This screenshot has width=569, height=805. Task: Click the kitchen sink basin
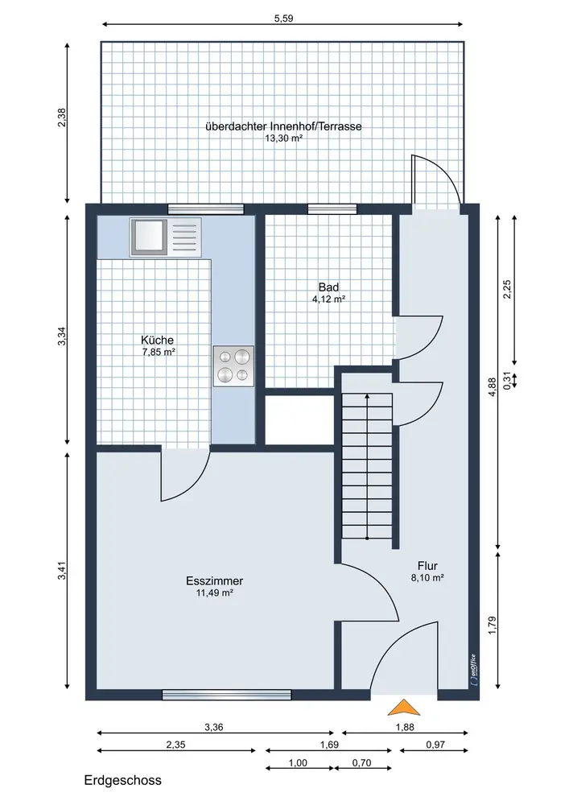click(149, 237)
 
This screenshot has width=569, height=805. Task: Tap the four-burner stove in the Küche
click(233, 366)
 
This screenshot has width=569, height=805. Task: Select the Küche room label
click(158, 340)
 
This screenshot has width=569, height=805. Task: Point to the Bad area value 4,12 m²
click(328, 299)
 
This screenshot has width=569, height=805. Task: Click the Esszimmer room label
click(214, 581)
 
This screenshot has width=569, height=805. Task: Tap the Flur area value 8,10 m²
click(427, 577)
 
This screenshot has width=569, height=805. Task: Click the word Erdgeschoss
click(122, 780)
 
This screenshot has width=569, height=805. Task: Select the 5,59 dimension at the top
click(283, 19)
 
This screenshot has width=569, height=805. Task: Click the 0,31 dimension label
click(507, 381)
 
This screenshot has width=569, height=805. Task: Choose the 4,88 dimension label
click(493, 386)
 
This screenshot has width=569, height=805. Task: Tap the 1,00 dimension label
click(298, 763)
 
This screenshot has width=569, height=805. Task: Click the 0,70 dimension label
click(361, 763)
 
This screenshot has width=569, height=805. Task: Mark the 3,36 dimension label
click(214, 727)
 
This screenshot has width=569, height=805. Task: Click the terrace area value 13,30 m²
click(283, 138)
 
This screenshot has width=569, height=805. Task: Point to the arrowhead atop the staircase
click(367, 396)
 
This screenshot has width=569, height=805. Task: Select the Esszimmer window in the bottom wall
click(227, 695)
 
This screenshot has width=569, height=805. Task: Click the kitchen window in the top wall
click(206, 209)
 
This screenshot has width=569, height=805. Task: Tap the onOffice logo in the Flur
click(473, 671)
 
